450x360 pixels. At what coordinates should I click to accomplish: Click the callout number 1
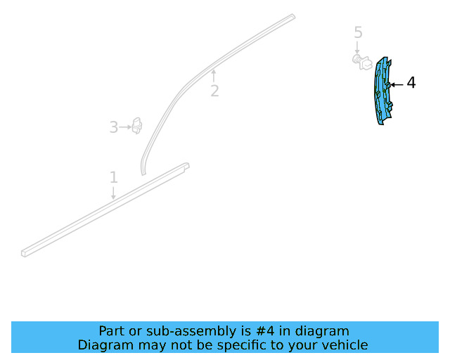pyautogui.click(x=114, y=177)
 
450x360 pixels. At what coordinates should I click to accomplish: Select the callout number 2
pyautogui.click(x=214, y=91)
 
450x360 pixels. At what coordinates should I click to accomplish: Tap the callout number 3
pyautogui.click(x=114, y=127)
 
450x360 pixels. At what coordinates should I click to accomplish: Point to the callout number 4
pyautogui.click(x=411, y=83)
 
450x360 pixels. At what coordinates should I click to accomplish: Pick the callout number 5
pyautogui.click(x=358, y=32)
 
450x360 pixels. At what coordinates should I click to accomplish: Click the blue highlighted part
pyautogui.click(x=382, y=91)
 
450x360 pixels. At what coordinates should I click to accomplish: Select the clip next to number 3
pyautogui.click(x=136, y=126)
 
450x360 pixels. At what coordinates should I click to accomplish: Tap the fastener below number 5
pyautogui.click(x=362, y=61)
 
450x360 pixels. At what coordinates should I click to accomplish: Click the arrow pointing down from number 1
pyautogui.click(x=113, y=193)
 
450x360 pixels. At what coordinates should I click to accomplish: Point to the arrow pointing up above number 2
pyautogui.click(x=213, y=75)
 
